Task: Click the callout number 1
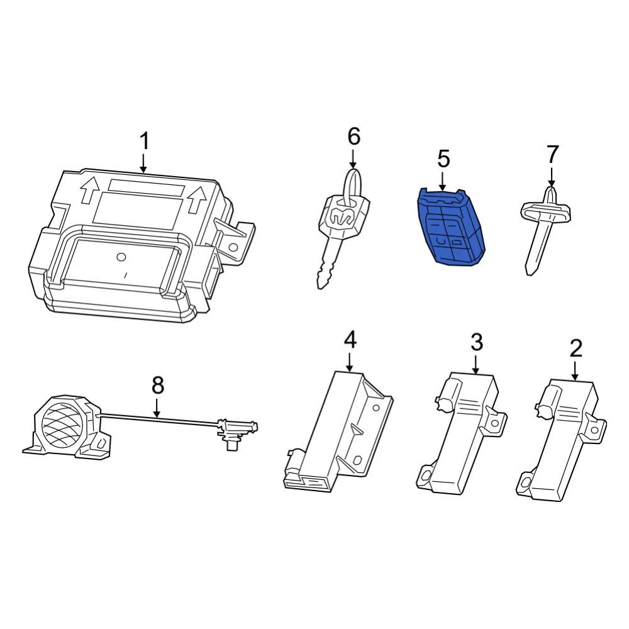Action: pyautogui.click(x=144, y=142)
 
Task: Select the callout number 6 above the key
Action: pyautogui.click(x=353, y=136)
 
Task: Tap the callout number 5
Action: pyautogui.click(x=443, y=159)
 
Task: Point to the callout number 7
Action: pyautogui.click(x=552, y=154)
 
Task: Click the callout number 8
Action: pyautogui.click(x=157, y=385)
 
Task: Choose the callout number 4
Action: pyautogui.click(x=350, y=340)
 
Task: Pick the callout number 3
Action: pyautogui.click(x=477, y=343)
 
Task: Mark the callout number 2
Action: pyautogui.click(x=576, y=348)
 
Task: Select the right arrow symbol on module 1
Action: pyautogui.click(x=198, y=198)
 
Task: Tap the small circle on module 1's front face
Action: pyautogui.click(x=122, y=256)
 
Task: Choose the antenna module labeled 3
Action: pyautogui.click(x=462, y=434)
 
